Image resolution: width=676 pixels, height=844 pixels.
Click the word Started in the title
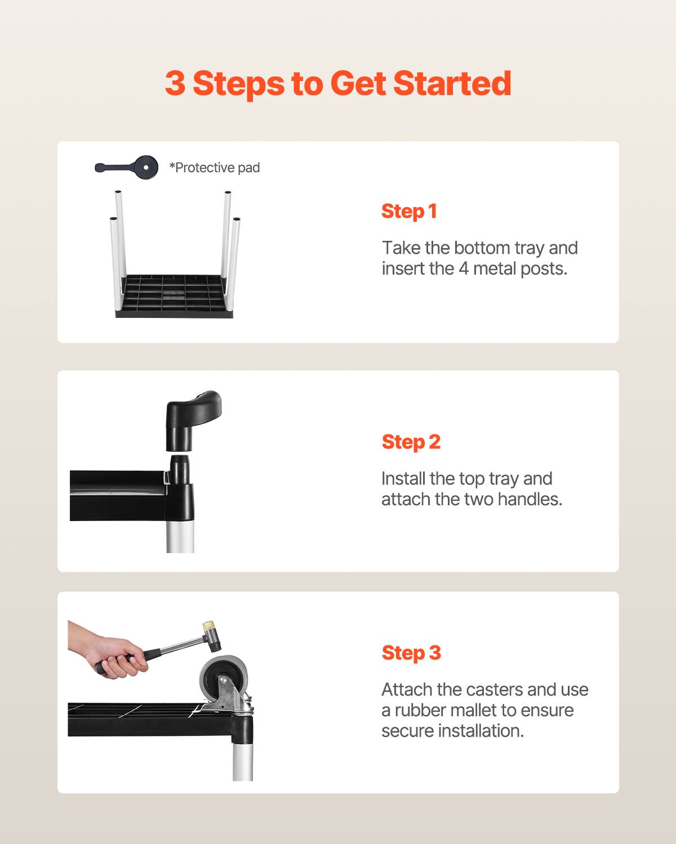click(x=452, y=83)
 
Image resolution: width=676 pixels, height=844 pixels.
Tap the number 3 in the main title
click(x=175, y=83)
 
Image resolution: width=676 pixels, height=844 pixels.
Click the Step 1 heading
click(x=409, y=211)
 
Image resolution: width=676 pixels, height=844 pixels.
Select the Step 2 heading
click(x=411, y=442)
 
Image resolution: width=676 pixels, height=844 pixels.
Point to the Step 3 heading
click(x=411, y=653)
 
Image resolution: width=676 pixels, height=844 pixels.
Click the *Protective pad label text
click(x=215, y=168)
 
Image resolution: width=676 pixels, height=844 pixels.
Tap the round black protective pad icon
click(x=146, y=167)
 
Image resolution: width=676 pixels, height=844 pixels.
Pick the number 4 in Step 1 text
click(x=463, y=269)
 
